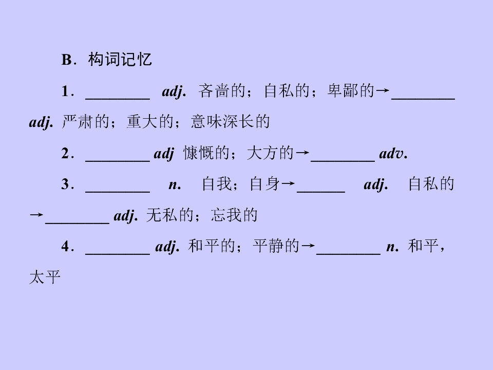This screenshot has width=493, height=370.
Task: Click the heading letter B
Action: (x=67, y=60)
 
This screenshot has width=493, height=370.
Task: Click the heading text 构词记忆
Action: (x=120, y=59)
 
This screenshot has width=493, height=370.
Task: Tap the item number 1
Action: (x=65, y=91)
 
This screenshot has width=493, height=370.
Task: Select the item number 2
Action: (x=65, y=154)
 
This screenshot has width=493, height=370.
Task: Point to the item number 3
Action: (x=65, y=184)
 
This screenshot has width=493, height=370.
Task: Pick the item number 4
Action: (x=65, y=246)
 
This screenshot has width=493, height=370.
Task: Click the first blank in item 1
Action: (x=118, y=99)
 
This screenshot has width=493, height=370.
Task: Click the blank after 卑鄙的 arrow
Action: (x=423, y=99)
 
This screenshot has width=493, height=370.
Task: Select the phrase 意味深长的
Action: (x=231, y=121)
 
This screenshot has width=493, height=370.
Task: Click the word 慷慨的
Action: (x=206, y=153)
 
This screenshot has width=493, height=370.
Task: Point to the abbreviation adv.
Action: (x=393, y=154)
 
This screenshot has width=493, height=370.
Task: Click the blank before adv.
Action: (x=343, y=161)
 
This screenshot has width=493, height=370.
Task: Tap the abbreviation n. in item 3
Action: (x=175, y=185)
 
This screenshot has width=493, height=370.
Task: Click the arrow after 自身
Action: (x=288, y=184)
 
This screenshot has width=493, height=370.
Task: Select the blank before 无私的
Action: (x=78, y=223)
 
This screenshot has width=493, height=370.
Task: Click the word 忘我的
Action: (x=234, y=215)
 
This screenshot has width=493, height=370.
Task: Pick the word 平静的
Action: (x=276, y=246)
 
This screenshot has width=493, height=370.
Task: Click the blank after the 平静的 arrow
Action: (x=348, y=253)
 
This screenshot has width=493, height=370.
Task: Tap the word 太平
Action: (x=45, y=277)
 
